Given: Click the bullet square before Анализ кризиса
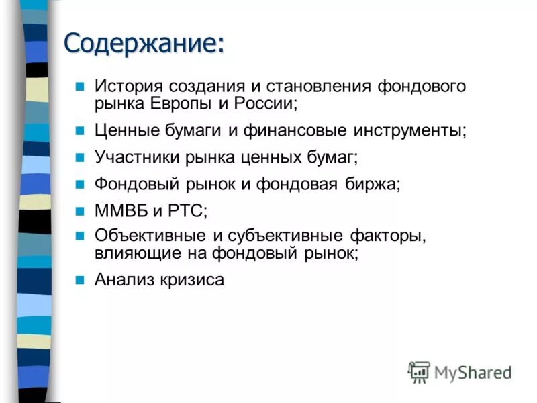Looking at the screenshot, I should [79, 279].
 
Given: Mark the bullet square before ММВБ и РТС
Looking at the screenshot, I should [79, 211].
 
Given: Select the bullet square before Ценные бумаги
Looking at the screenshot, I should [79, 129].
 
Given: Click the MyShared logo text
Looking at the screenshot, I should [473, 371].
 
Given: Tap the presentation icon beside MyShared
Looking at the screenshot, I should [418, 371].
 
